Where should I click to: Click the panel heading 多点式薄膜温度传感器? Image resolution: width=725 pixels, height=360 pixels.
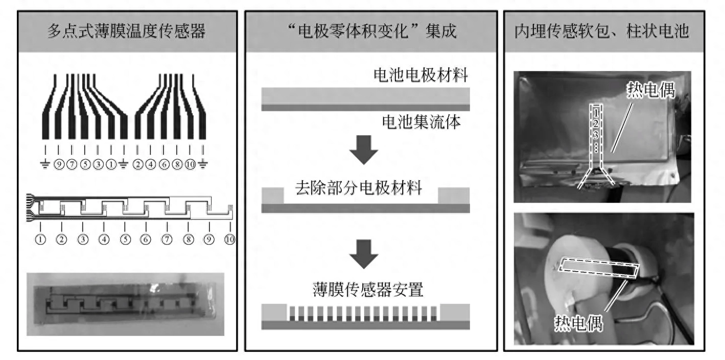click(126, 32)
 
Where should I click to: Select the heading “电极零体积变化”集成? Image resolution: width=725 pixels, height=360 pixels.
click(371, 32)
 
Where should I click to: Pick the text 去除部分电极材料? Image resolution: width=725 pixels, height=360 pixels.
click(358, 188)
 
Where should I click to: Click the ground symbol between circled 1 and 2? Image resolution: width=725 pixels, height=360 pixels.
click(123, 165)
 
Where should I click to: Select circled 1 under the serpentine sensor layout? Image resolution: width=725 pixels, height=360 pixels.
click(40, 238)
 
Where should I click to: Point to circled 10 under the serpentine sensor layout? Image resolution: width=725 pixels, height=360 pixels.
click(229, 238)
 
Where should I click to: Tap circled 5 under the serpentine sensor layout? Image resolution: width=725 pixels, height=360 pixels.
click(125, 238)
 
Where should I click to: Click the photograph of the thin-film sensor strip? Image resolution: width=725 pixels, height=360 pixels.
click(126, 304)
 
